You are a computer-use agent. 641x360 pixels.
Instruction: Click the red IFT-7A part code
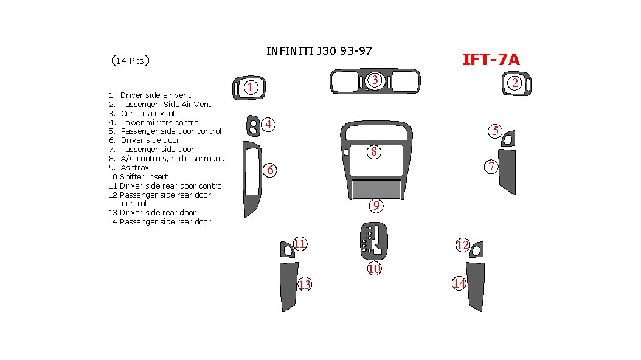[x=491, y=60]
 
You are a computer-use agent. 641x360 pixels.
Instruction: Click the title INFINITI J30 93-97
[x=319, y=51]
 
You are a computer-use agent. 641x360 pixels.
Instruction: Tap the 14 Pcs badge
[x=130, y=61]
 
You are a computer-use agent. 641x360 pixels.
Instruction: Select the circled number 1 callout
[x=250, y=88]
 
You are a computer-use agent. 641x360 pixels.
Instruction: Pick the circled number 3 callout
[x=375, y=80]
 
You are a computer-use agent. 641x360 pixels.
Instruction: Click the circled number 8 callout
[x=374, y=152]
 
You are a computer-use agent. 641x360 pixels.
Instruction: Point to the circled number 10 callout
[x=374, y=268]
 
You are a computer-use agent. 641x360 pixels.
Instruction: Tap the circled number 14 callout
[x=459, y=283]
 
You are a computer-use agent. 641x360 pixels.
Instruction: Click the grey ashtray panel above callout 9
[x=376, y=190]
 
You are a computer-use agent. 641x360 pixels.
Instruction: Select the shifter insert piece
[x=374, y=241]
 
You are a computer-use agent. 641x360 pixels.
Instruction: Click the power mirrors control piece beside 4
[x=252, y=126]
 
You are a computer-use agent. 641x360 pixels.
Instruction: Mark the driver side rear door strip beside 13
[x=288, y=286]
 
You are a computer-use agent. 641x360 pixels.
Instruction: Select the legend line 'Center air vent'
[x=148, y=113]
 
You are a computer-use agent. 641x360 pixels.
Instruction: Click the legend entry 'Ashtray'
[x=134, y=167]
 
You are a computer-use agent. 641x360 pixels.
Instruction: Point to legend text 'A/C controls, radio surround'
[x=172, y=158]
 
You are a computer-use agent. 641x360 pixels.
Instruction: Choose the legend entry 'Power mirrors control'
[x=160, y=122]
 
